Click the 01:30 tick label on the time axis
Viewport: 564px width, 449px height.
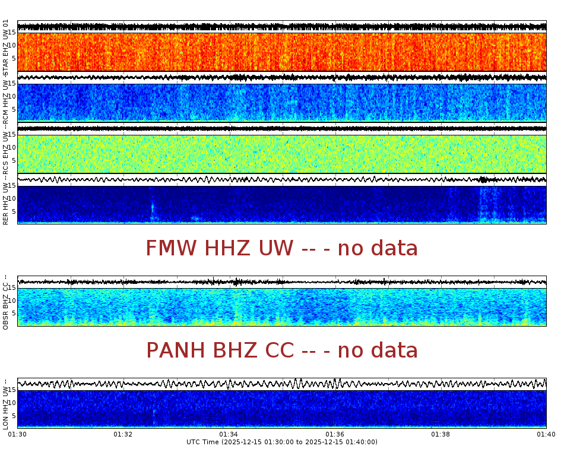[18, 434]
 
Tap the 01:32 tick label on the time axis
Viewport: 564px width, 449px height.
[123, 434]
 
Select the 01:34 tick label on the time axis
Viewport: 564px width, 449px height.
[229, 434]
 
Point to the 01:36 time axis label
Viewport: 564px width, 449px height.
[335, 434]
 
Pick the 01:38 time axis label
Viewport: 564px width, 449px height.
[441, 434]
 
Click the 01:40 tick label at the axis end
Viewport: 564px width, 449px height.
[546, 434]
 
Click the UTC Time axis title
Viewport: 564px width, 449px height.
[282, 442]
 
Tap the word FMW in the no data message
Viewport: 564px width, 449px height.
[172, 248]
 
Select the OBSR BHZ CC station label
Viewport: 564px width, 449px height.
[6, 302]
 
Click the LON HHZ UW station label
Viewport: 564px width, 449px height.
[6, 404]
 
